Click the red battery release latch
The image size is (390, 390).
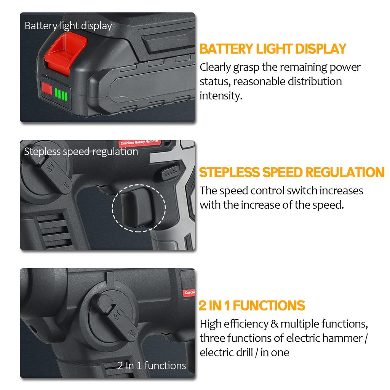61,50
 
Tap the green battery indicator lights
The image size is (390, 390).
61,94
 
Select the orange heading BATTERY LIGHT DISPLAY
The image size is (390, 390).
273,49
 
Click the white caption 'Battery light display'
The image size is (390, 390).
68,26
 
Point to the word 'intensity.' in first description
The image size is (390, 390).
221,95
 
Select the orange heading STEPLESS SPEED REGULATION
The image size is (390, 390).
292,172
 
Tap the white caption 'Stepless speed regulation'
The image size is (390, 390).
81,152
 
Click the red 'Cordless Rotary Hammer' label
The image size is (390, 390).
140,143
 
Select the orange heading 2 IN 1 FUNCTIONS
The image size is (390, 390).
252,305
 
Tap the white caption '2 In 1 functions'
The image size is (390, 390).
152,366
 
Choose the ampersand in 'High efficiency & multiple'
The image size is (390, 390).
274,324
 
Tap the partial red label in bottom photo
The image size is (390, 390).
189,292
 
